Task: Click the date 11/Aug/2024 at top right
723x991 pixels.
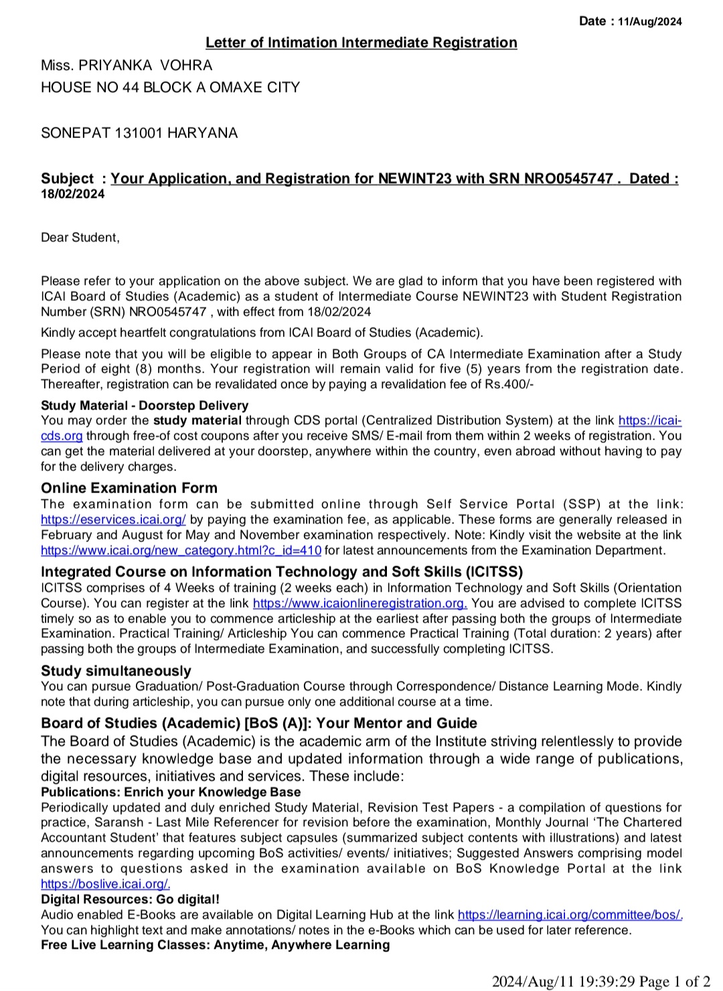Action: tap(649, 21)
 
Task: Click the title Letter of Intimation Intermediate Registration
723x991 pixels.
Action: tap(361, 43)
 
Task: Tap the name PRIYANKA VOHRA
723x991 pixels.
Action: tap(145, 66)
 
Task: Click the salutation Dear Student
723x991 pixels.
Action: tap(80, 237)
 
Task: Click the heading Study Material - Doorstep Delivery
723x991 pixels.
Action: tap(144, 405)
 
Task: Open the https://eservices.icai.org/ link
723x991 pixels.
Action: tap(113, 520)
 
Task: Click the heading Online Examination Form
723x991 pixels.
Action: tap(129, 488)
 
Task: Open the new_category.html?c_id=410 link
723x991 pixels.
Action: tap(181, 551)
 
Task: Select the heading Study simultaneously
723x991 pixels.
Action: tap(116, 671)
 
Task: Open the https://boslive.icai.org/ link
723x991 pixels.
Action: tap(105, 884)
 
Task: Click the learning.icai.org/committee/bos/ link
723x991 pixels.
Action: tap(570, 915)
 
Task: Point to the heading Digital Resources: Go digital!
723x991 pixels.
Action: tap(130, 899)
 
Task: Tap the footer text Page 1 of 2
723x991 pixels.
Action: tap(674, 982)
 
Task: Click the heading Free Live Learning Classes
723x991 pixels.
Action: tap(215, 945)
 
